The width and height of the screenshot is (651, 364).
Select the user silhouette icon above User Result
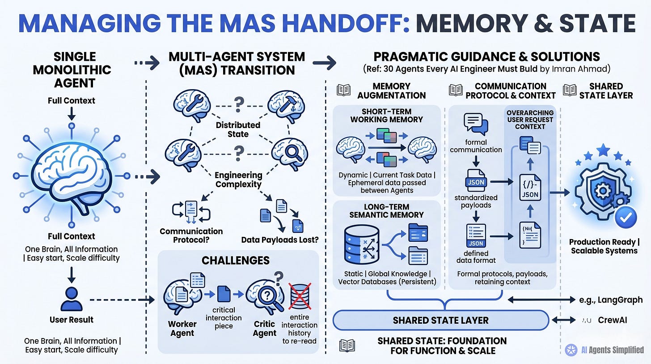71,299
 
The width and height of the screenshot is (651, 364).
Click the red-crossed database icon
300,296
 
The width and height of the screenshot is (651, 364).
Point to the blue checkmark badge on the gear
626,217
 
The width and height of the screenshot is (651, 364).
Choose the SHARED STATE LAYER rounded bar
440,320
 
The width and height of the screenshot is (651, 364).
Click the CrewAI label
613,320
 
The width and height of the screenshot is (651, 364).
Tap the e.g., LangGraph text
611,300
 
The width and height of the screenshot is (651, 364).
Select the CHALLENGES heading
235,261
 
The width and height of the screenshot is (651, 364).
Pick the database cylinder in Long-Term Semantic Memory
362,244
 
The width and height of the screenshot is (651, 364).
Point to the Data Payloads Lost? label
280,240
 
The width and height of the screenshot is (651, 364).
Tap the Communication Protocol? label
191,236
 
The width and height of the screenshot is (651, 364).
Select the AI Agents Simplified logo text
613,350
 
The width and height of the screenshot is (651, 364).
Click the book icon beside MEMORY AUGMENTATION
343,90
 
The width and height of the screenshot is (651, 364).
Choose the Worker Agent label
182,329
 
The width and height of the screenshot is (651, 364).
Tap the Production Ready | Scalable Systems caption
604,246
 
